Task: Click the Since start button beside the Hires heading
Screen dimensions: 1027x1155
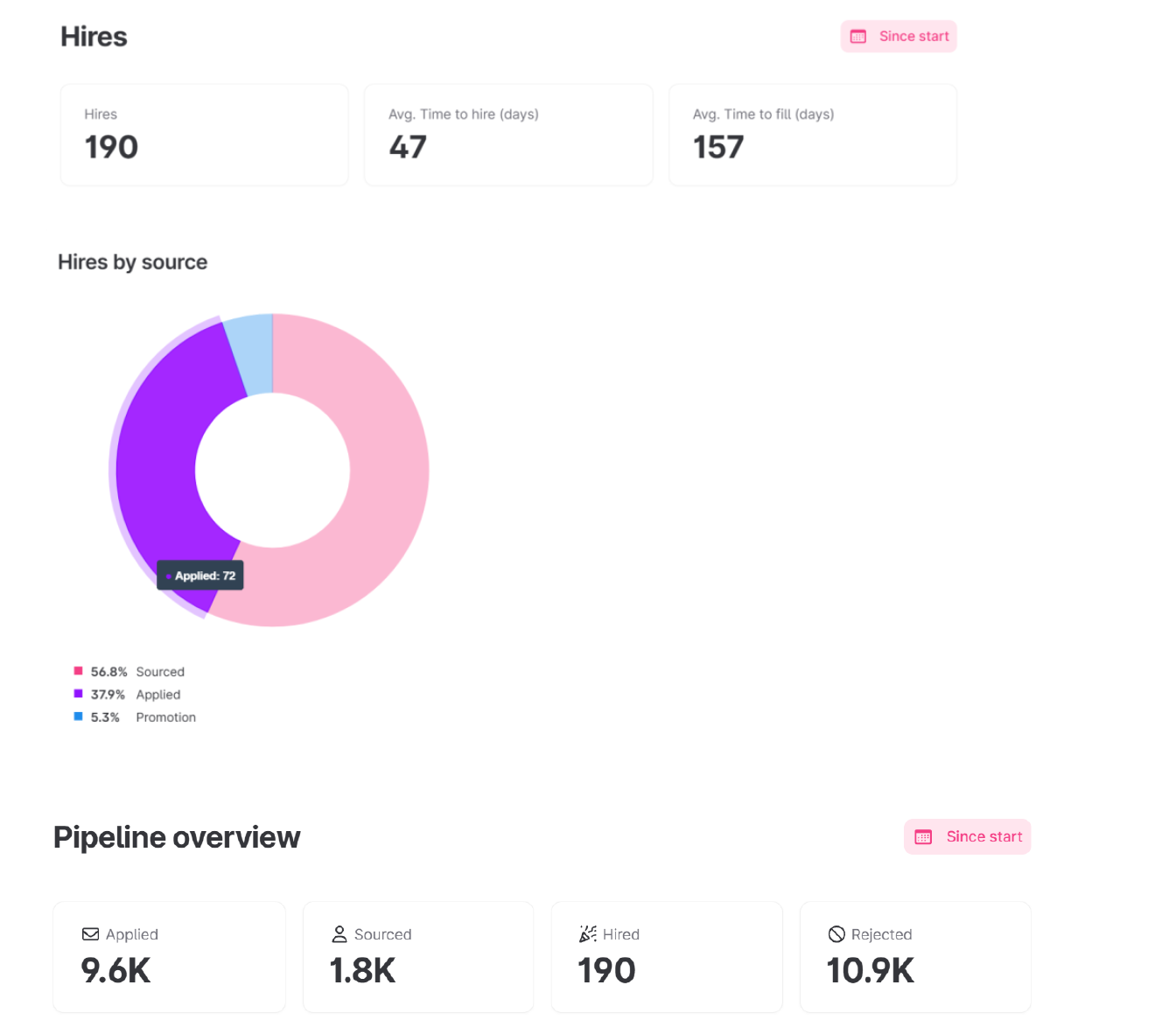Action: (x=899, y=37)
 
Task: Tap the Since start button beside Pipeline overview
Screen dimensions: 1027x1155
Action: (x=967, y=837)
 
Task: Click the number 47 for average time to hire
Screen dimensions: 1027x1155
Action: (x=408, y=147)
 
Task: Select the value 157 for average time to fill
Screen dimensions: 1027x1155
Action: (x=718, y=147)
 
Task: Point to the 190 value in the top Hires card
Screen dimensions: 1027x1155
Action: (x=111, y=147)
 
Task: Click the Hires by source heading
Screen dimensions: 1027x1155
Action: (x=132, y=262)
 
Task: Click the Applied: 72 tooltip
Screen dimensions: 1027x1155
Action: (x=200, y=576)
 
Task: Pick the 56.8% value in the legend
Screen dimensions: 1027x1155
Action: (x=108, y=672)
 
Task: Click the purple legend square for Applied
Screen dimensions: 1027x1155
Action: (x=79, y=694)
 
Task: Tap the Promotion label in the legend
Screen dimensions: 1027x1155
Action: (x=165, y=717)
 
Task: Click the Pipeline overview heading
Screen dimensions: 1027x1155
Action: (x=177, y=837)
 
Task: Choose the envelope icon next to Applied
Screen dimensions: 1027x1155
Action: (x=90, y=934)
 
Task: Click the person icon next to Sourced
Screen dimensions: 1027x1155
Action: (x=339, y=934)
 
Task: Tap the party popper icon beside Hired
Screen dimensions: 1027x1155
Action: (x=588, y=934)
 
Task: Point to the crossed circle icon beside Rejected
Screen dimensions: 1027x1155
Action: (x=836, y=934)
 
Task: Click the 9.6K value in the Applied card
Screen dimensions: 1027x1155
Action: (x=115, y=971)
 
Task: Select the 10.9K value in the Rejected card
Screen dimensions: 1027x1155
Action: (x=871, y=971)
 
